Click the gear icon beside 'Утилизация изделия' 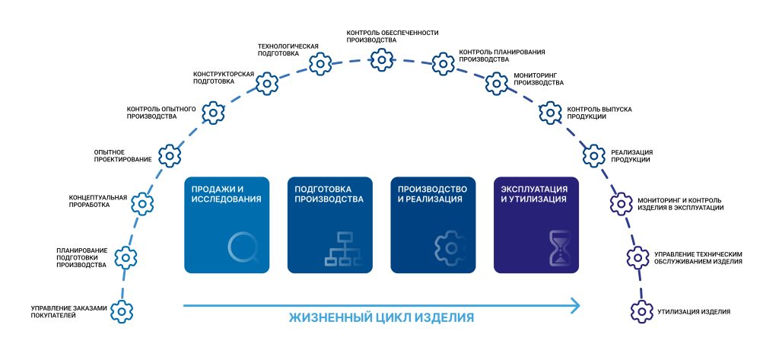point(642,311)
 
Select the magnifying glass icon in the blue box point(243,248)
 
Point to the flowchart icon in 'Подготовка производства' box point(345,248)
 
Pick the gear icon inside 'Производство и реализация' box point(449,248)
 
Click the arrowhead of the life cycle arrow point(575,306)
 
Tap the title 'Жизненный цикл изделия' point(381,317)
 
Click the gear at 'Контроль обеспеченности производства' point(383,58)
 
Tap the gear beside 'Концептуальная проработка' point(142,203)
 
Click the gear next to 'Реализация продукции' point(594,155)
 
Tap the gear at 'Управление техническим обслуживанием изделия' point(637,257)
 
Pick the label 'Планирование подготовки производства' point(81,257)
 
